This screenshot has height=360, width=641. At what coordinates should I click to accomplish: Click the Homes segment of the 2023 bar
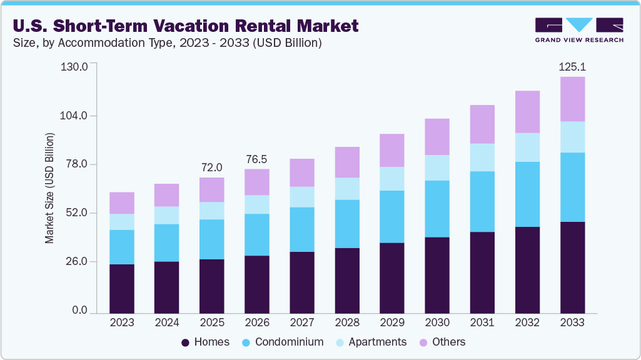[122, 288]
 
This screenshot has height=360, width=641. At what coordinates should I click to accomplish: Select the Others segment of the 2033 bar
[572, 99]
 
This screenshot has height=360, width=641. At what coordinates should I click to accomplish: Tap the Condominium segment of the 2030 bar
[437, 209]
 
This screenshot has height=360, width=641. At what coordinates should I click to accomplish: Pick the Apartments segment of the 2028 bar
[347, 189]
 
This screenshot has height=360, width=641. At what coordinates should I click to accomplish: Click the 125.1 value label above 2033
[572, 66]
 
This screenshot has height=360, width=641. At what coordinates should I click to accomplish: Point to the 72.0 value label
[212, 167]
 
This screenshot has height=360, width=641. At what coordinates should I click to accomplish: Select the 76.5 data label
[257, 159]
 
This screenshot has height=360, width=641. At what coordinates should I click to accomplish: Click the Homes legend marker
[186, 342]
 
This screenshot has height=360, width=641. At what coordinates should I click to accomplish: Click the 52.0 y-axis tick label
[76, 213]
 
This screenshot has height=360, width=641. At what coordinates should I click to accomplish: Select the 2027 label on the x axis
[302, 322]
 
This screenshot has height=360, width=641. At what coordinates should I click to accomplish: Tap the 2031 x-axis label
[482, 322]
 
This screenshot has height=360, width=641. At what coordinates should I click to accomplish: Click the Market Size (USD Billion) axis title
[49, 188]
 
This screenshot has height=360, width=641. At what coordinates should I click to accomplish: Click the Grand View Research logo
[579, 30]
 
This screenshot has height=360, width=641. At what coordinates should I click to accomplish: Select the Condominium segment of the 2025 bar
[212, 239]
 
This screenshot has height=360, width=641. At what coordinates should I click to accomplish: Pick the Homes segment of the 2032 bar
[527, 269]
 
